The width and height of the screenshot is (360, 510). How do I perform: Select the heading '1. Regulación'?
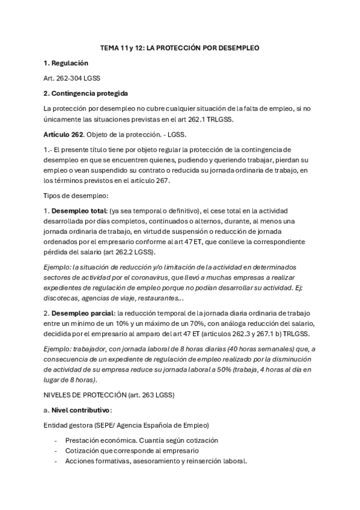[x=66, y=63]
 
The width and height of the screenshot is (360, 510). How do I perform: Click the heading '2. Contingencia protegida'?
[x=85, y=93]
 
